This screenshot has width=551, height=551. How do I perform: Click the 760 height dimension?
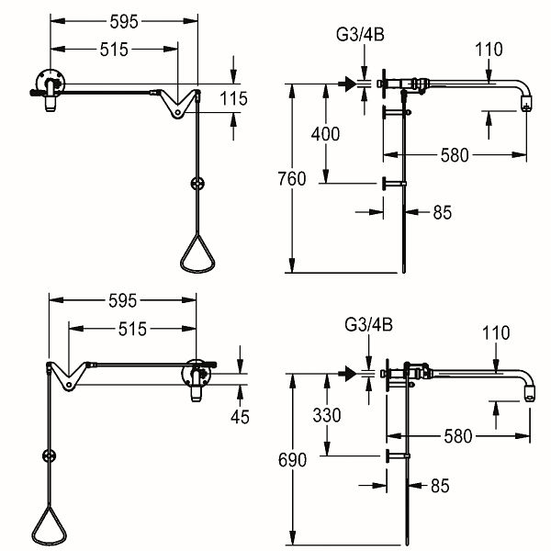tap(292, 179)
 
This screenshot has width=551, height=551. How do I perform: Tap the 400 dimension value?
tap(325, 134)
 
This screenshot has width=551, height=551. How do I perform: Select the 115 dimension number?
tap(233, 98)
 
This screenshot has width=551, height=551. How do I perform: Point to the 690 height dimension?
tap(292, 460)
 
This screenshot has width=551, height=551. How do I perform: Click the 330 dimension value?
tap(327, 415)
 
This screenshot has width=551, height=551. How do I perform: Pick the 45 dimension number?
tap(240, 417)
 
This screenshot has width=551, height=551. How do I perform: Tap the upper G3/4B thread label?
tap(360, 35)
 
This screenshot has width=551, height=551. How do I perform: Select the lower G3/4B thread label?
tap(368, 325)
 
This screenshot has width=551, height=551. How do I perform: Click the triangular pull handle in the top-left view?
tap(197, 253)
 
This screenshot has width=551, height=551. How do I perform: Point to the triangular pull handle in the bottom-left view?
tap(50, 525)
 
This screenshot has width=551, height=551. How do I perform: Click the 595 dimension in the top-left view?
tap(124, 22)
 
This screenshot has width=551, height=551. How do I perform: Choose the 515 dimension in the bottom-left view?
tap(132, 330)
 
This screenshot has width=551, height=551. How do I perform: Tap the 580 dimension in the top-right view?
tap(455, 155)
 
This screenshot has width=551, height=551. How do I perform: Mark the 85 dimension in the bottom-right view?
tap(440, 486)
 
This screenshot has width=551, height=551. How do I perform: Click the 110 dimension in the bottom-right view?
tap(496, 332)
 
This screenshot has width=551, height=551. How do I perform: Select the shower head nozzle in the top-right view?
tap(526, 103)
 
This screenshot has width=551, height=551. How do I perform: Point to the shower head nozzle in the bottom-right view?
tap(530, 394)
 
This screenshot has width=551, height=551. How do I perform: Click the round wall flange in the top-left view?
tap(51, 84)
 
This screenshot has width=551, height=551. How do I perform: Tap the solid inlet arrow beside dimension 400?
tap(348, 84)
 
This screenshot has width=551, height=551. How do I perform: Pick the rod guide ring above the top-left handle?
tap(197, 184)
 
